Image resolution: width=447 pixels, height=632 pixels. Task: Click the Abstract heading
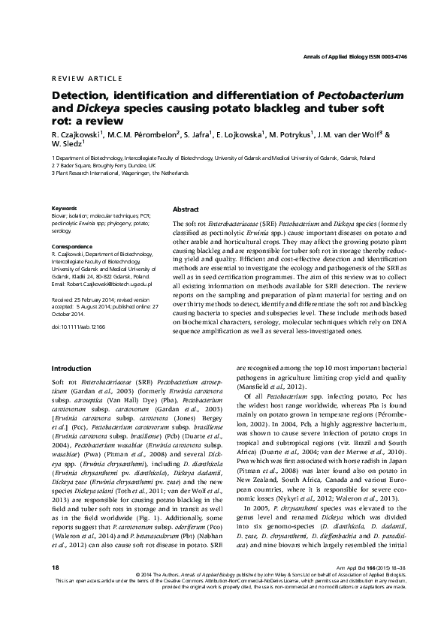[186, 209]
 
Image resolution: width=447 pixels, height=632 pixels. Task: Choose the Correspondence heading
[72, 246]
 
